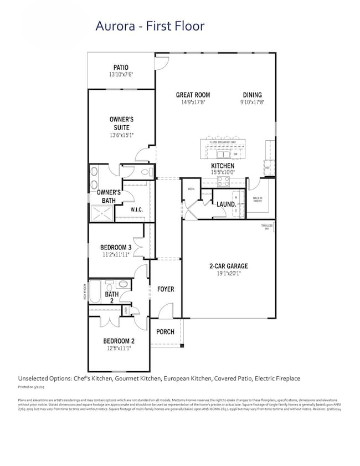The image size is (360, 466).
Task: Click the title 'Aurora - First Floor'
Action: coord(150,25)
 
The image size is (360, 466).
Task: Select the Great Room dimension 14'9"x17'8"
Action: coord(193,102)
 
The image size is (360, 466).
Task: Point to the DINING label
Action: coord(252,95)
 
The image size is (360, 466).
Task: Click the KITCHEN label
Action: coord(222,166)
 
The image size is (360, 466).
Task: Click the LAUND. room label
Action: coord(226,204)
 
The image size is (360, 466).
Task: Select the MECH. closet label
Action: coord(191,190)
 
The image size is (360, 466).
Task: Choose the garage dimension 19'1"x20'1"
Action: coord(228,273)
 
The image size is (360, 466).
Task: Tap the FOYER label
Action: coord(166,289)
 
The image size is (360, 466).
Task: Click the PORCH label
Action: coord(165,332)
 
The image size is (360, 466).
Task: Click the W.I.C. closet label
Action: coord(137,210)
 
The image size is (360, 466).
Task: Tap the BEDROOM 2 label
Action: coord(119,341)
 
